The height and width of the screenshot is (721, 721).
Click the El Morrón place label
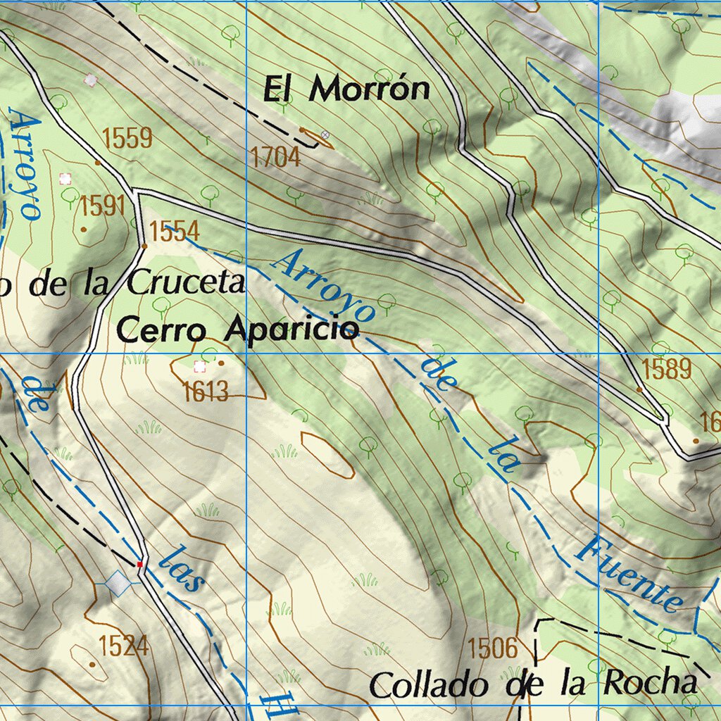[346, 89]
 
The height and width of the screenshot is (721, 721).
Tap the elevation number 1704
[275, 158]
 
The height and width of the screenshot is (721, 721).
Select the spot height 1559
[127, 139]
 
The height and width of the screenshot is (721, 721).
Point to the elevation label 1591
[102, 206]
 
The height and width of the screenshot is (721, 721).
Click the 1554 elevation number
[175, 231]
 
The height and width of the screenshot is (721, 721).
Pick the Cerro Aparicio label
[238, 330]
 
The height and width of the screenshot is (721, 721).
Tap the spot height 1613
[206, 391]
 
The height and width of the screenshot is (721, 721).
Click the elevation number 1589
[667, 369]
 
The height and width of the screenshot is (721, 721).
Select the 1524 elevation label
[124, 645]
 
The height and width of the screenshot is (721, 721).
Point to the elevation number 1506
[492, 648]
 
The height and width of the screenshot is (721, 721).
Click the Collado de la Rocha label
[534, 684]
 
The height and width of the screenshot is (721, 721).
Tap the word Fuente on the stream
[629, 574]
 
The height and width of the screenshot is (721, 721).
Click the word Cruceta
[186, 283]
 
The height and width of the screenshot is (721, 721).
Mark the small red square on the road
[140, 564]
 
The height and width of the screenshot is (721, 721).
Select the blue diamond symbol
[118, 583]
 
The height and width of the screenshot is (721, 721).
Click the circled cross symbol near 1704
[325, 134]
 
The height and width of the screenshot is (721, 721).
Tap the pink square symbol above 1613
[200, 366]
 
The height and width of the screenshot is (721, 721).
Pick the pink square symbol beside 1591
[65, 179]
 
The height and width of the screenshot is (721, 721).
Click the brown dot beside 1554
[144, 246]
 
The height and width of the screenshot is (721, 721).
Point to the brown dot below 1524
[92, 664]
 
